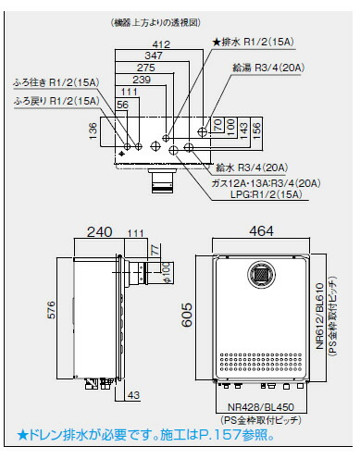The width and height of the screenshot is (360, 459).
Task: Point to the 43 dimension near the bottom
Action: [133, 396]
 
